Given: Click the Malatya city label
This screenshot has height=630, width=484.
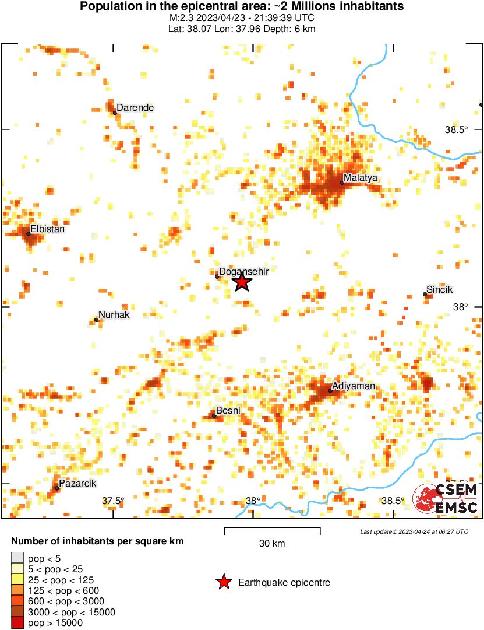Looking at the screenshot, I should coord(361,177).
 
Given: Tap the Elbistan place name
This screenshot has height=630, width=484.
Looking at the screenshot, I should coord(47,229).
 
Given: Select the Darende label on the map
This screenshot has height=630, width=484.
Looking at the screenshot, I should coord(135,107).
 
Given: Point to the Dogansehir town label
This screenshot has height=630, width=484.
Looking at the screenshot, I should coord(243,271).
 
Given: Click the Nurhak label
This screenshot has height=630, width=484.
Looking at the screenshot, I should coord(114,315).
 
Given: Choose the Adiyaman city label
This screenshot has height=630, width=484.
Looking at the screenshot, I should coord(353,386).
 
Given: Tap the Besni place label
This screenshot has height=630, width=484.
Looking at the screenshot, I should coord(228,411).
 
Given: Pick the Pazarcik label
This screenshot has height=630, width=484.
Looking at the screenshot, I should coord(77,483).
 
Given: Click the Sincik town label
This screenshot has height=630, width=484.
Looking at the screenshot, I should coord(440,289).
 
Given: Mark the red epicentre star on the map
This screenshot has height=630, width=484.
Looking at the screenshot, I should coord(242,282).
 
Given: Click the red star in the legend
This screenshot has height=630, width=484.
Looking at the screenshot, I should coord(223,582).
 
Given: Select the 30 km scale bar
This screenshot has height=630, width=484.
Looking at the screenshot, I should coord(272,530).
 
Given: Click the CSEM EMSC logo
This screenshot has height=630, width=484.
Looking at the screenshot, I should coord(446,499).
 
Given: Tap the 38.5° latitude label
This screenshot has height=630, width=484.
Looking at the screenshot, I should coord(456,130).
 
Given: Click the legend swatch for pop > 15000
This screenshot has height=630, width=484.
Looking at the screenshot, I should coord(18,623).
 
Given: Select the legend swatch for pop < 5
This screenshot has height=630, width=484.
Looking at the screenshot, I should coord(18,558).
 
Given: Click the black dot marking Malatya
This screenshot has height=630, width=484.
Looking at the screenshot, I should coord(341,183).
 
